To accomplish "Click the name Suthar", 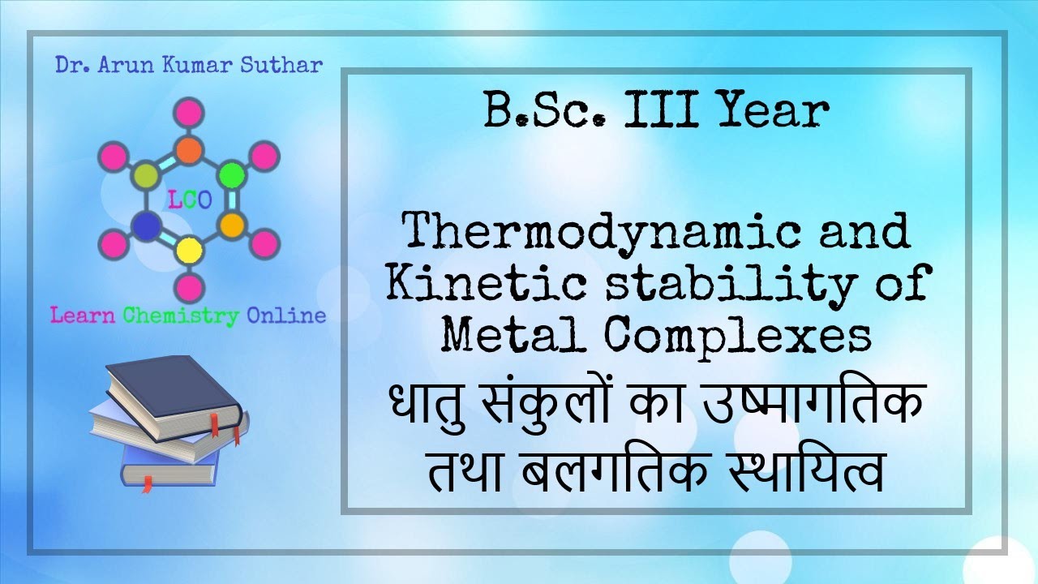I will tap(279, 65).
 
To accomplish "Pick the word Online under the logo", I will tap(285, 316).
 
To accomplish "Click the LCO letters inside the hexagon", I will tap(189, 200).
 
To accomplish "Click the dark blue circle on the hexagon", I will tap(145, 226).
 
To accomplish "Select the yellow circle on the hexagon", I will tap(189, 249).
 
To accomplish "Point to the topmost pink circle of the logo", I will tap(189, 112).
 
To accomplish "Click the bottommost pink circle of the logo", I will tap(189, 286).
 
